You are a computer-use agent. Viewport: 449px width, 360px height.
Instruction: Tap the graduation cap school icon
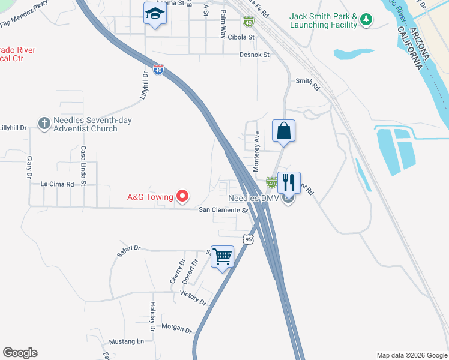(154, 14)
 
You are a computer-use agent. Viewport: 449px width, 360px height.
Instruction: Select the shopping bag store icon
(283, 131)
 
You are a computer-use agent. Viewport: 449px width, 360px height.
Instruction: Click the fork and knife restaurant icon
(289, 183)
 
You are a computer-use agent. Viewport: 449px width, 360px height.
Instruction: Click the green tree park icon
(366, 20)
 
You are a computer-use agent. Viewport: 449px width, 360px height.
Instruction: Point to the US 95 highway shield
(249, 239)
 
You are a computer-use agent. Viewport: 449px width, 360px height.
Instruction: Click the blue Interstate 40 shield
(158, 70)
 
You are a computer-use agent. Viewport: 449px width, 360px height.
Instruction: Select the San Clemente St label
(223, 211)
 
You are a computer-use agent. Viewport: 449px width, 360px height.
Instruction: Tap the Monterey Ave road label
(256, 151)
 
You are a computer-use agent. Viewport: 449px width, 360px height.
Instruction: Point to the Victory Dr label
(193, 298)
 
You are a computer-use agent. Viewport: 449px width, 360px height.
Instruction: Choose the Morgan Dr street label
(176, 329)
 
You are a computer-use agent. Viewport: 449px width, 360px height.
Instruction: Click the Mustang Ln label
(127, 341)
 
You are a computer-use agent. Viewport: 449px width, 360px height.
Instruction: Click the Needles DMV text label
(251, 197)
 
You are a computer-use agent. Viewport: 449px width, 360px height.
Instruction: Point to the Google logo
(20, 353)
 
